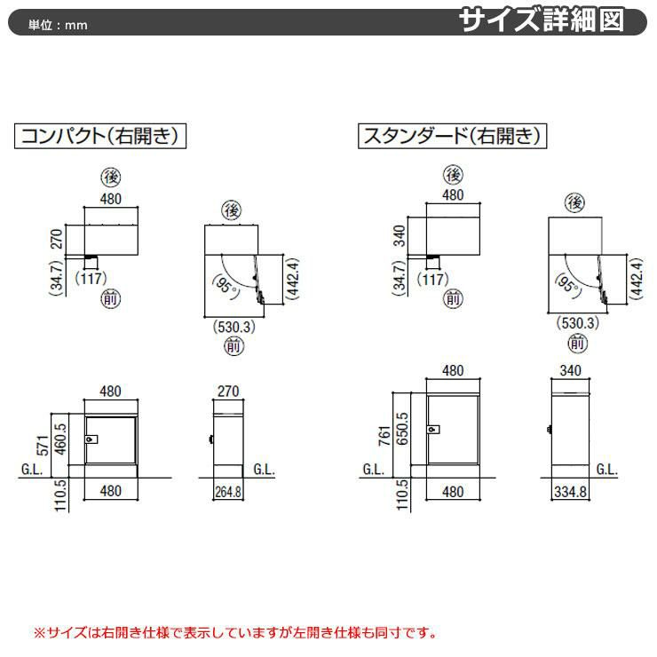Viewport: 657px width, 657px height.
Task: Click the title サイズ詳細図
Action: (542, 20)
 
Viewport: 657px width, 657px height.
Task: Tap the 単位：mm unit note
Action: (58, 25)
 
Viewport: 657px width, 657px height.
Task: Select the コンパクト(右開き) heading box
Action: (100, 136)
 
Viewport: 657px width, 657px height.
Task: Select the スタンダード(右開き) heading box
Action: (452, 136)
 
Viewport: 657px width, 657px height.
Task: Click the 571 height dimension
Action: (44, 446)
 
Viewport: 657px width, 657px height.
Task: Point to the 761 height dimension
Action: (384, 436)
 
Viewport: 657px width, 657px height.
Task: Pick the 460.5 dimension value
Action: (60, 439)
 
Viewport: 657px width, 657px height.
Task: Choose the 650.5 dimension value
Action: (402, 429)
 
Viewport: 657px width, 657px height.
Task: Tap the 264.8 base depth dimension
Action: (228, 492)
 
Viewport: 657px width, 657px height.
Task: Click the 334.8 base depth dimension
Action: (570, 492)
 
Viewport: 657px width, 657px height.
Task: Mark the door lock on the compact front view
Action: (91, 439)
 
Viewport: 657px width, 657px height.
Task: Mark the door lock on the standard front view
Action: (433, 430)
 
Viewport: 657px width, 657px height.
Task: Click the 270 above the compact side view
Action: (228, 392)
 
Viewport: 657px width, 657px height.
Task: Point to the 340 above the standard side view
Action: (570, 370)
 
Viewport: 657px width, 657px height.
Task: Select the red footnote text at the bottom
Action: (235, 632)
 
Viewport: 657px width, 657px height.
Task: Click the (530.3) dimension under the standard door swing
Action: (578, 323)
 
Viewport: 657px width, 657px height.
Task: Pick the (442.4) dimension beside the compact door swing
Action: (292, 279)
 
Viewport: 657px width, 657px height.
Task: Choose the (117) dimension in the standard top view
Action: (433, 279)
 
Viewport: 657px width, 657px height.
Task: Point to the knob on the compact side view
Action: (211, 439)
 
